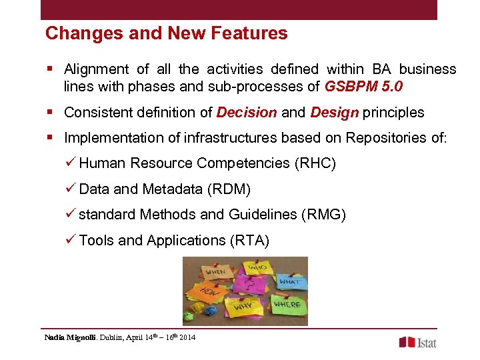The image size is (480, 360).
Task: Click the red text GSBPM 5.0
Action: [363, 87]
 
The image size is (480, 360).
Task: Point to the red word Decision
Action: [247, 112]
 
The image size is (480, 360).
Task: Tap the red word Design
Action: [335, 112]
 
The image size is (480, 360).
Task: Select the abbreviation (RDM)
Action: [229, 189]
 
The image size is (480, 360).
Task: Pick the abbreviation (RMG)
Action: [323, 215]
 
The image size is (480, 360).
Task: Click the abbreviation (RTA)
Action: [248, 240]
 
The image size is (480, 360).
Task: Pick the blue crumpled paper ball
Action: [211, 311]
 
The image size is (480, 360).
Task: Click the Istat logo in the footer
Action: [418, 342]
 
